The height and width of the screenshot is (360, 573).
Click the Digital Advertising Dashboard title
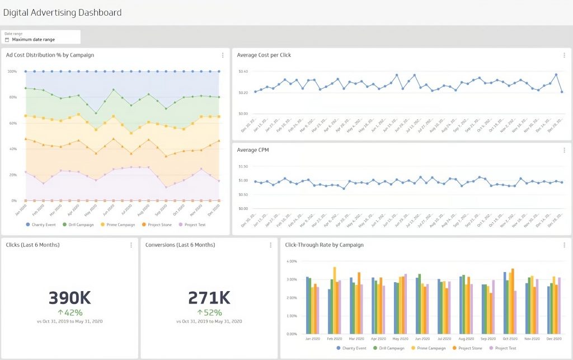pyautogui.click(x=62, y=12)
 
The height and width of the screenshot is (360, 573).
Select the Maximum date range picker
pyautogui.click(x=34, y=40)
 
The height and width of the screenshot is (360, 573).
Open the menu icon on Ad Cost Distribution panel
pyautogui.click(x=222, y=55)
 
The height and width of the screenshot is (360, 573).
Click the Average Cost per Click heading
pyautogui.click(x=264, y=55)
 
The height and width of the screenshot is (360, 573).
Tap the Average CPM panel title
pyautogui.click(x=253, y=150)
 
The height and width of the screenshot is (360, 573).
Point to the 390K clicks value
pyautogui.click(x=69, y=298)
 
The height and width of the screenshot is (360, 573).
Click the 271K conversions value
pyautogui.click(x=209, y=298)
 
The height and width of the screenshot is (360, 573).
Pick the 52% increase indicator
pyautogui.click(x=209, y=312)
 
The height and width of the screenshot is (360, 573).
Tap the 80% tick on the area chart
pyautogui.click(x=12, y=97)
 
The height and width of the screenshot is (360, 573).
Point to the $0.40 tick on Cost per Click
pyautogui.click(x=243, y=72)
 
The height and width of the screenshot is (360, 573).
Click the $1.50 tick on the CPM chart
pyautogui.click(x=243, y=166)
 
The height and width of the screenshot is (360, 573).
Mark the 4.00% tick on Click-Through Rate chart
pyautogui.click(x=291, y=261)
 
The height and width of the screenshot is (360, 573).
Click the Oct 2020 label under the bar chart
pyautogui.click(x=510, y=339)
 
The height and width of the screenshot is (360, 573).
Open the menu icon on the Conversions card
pyautogui.click(x=270, y=245)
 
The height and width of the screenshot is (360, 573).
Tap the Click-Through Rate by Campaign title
pyautogui.click(x=324, y=245)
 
